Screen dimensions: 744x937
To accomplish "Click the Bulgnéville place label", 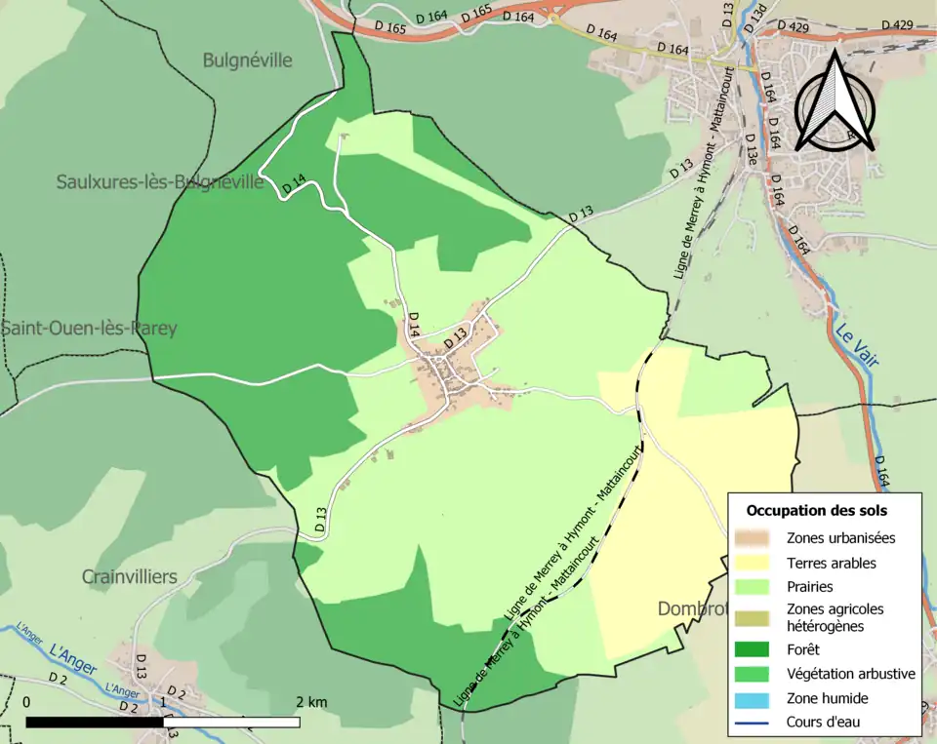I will click(x=247, y=60).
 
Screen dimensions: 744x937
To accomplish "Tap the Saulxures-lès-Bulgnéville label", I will click(x=160, y=181).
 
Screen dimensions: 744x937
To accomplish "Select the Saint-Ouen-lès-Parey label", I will click(x=89, y=328).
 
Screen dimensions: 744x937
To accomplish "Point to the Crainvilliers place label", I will click(x=130, y=576).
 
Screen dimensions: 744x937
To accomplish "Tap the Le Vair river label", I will click(x=856, y=344).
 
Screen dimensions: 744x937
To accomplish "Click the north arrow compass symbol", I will click(x=835, y=102).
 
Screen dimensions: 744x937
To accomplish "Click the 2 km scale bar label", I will click(x=311, y=702).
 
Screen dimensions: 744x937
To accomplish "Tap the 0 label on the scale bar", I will click(x=26, y=702).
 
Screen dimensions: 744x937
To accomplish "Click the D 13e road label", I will click(x=751, y=152).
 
